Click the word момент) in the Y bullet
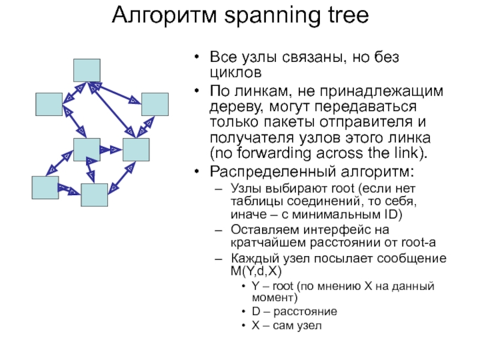(274, 298)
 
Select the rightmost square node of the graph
(154, 104)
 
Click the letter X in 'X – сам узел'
(256, 326)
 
